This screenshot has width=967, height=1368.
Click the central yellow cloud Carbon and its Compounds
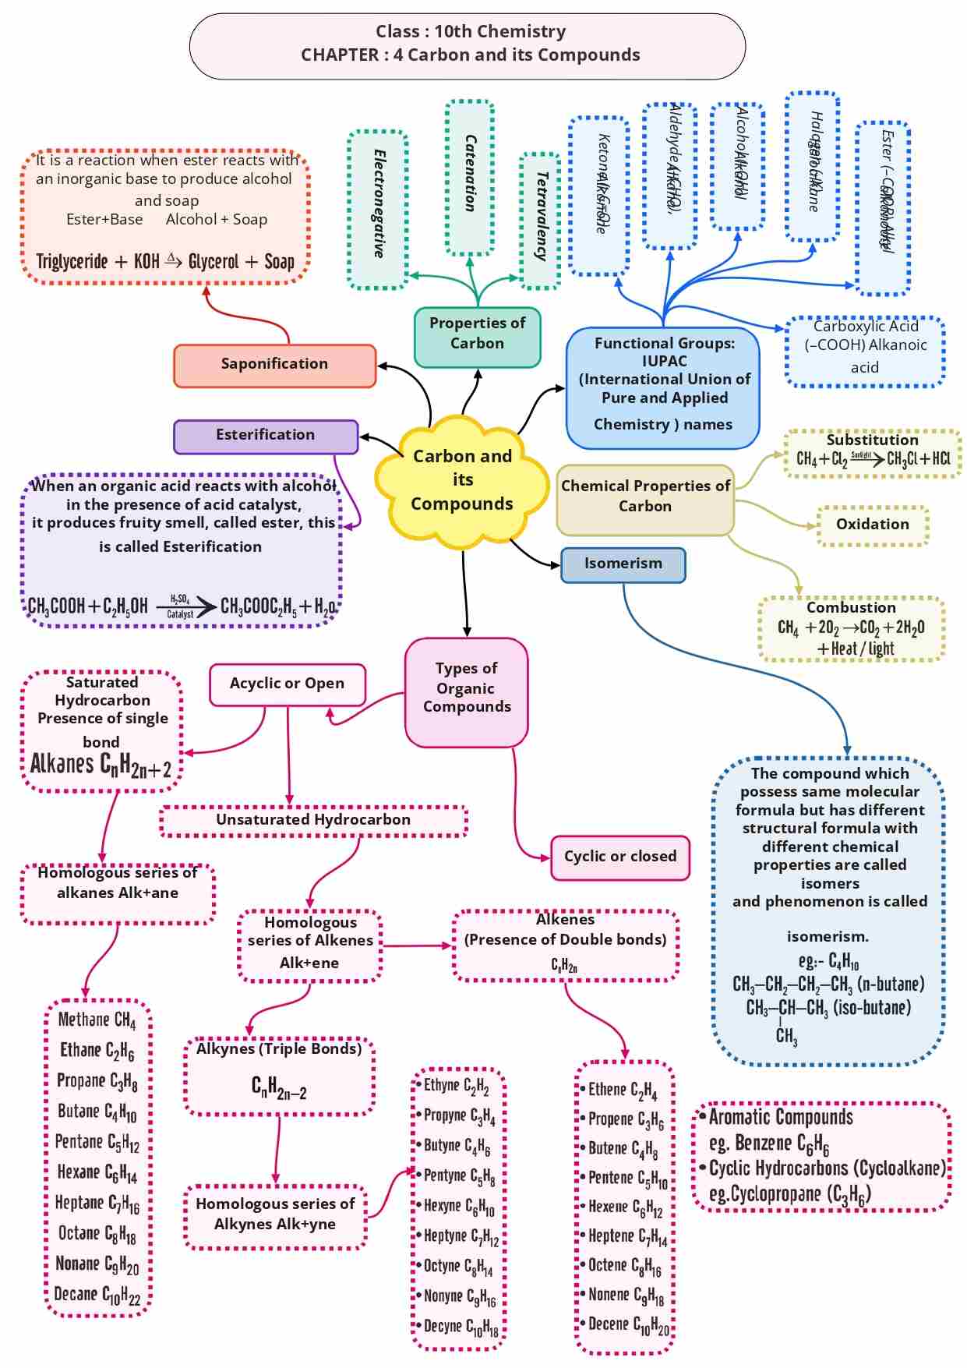click(462, 480)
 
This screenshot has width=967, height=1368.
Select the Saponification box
click(274, 365)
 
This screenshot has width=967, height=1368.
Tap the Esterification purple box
click(265, 436)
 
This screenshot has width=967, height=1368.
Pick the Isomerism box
click(623, 564)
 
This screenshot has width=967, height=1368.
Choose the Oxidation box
click(872, 525)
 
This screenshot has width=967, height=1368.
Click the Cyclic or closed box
click(619, 857)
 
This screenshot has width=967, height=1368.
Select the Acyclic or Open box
click(287, 684)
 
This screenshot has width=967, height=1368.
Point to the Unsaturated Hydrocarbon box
click(313, 821)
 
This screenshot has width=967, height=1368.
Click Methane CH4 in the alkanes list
click(97, 1020)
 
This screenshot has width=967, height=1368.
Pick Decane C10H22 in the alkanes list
click(97, 1295)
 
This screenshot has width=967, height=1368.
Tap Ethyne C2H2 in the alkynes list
click(456, 1086)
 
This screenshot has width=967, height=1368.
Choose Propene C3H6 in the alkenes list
click(626, 1120)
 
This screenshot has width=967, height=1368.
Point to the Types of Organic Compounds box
click(466, 689)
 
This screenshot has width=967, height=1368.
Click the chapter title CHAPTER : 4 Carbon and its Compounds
click(470, 55)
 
